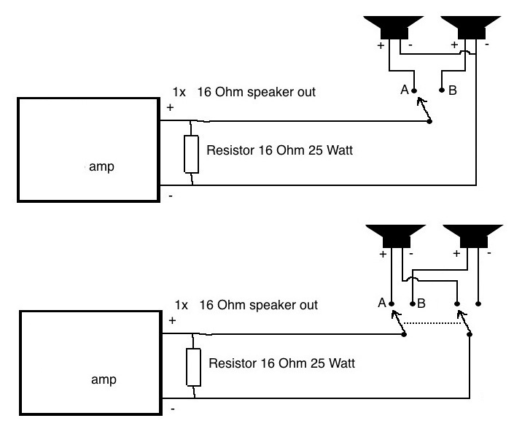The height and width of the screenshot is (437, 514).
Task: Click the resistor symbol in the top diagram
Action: tap(191, 154)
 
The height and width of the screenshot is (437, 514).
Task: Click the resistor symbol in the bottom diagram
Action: tap(193, 367)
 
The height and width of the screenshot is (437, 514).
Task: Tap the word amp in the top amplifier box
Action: tap(101, 166)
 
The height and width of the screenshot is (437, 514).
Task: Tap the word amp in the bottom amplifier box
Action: tap(104, 379)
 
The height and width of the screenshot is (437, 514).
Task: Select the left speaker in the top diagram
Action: tap(394, 27)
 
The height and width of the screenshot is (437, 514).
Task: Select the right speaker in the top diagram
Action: tap(471, 27)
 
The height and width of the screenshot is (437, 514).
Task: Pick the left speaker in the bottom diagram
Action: tap(396, 236)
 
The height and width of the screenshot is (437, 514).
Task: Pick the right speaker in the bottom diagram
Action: tap(473, 236)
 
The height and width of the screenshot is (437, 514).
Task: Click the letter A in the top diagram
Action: tap(405, 90)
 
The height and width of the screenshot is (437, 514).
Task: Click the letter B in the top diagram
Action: tap(453, 90)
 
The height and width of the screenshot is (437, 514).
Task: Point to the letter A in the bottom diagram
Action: tap(382, 303)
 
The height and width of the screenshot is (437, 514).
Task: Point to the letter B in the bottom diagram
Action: tap(421, 303)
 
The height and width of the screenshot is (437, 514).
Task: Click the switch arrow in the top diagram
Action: tap(424, 109)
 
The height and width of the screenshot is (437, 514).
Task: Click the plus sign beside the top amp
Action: tap(170, 107)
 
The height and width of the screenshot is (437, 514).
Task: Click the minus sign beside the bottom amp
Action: tap(173, 409)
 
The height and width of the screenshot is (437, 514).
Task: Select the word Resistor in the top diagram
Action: tap(230, 150)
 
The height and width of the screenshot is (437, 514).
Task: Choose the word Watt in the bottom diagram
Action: tap(342, 363)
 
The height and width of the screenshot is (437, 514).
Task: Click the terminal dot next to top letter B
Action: tap(442, 90)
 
